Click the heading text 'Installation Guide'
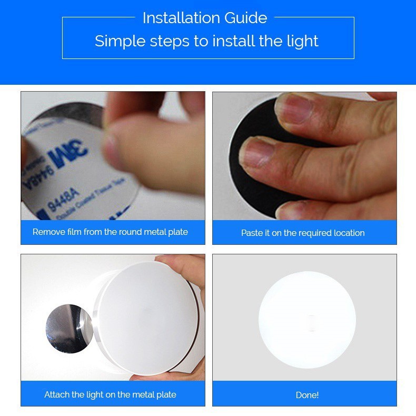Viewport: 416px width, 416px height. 204,18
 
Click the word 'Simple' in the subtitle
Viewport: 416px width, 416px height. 115,41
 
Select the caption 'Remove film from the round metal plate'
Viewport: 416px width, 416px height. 110,232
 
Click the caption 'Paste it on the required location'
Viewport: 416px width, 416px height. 303,233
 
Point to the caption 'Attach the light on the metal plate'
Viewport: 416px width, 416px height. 110,394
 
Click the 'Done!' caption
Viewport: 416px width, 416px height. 307,395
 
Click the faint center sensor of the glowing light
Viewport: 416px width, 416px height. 311,322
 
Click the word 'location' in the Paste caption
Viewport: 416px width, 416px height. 348,233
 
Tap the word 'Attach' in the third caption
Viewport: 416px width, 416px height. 56,394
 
